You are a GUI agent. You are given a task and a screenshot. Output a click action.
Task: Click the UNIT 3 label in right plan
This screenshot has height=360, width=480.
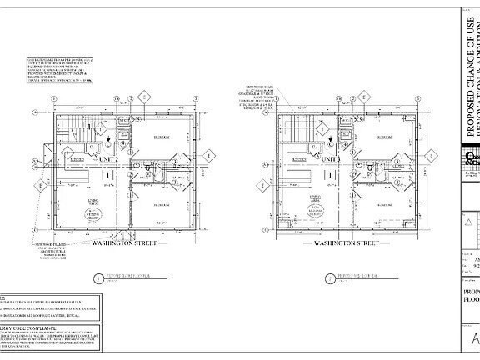tap(331, 137)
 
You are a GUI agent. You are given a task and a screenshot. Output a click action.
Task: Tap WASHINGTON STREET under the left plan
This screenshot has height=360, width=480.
tap(122, 220)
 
